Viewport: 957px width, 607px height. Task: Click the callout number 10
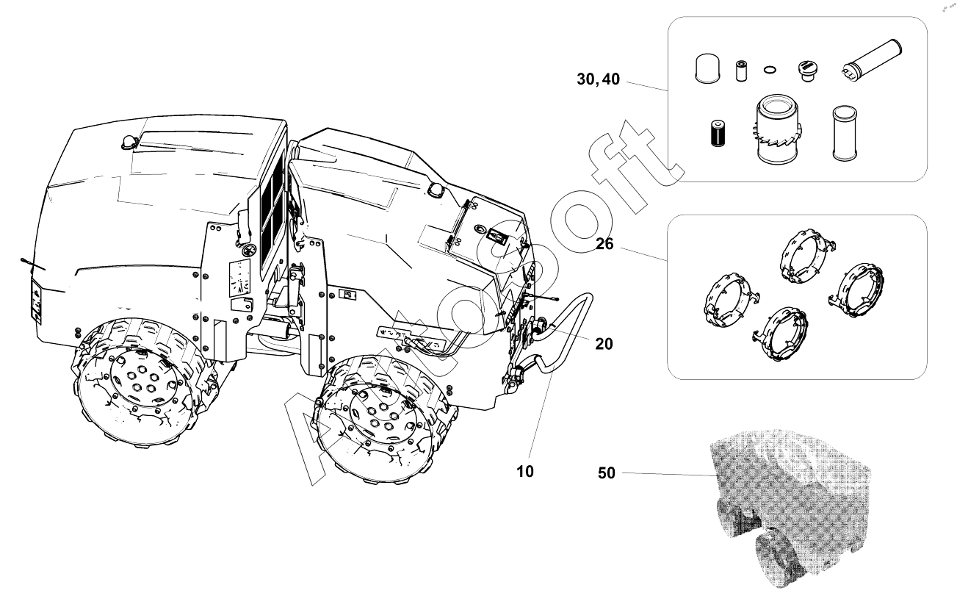(525, 472)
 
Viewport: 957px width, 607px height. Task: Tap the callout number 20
(604, 344)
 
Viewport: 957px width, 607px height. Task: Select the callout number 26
(604, 244)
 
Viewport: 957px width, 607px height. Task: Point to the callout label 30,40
(598, 79)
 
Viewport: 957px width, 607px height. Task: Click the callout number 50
(606, 473)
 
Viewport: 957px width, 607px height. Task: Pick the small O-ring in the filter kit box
(770, 70)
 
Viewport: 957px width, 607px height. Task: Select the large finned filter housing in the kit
(776, 129)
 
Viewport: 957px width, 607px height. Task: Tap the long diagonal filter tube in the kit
(872, 60)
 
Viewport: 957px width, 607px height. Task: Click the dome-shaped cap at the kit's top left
(707, 68)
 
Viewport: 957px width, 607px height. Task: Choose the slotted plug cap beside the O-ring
(807, 71)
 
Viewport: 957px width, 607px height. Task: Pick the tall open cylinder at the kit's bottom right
(845, 133)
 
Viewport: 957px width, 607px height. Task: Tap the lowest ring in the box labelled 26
(780, 332)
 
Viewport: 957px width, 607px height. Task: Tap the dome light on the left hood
(128, 143)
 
